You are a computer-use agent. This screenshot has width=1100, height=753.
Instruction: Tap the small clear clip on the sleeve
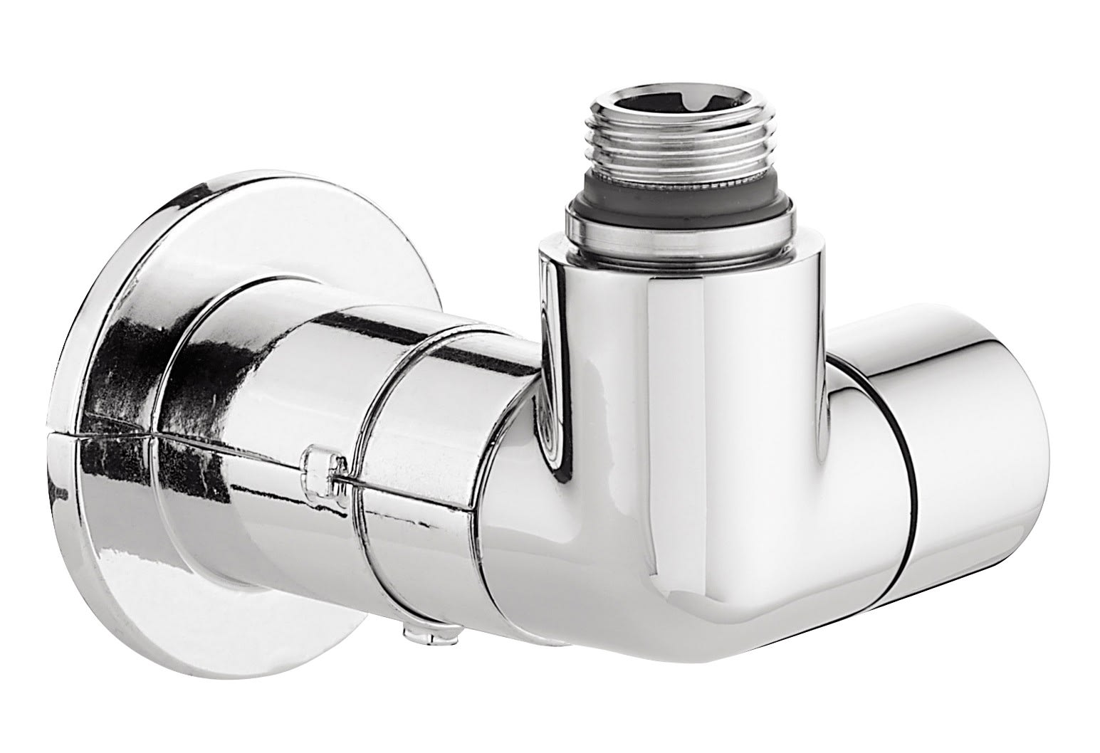pyautogui.click(x=324, y=466)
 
